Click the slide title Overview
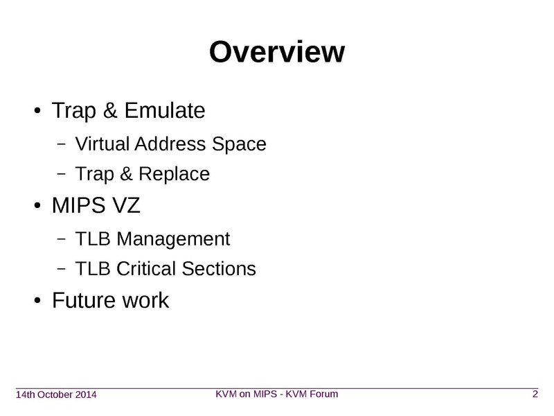[277, 52]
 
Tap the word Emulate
[165, 110]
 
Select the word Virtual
[102, 144]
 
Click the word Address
[170, 144]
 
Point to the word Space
[239, 146]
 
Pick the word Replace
[175, 175]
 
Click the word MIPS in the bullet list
[79, 205]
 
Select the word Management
[173, 239]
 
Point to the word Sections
[219, 268]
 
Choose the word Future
[84, 301]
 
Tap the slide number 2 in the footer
[535, 394]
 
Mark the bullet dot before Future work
[37, 301]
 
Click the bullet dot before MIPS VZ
[37, 205]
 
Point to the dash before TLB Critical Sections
[61, 268]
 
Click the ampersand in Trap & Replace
[126, 174]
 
